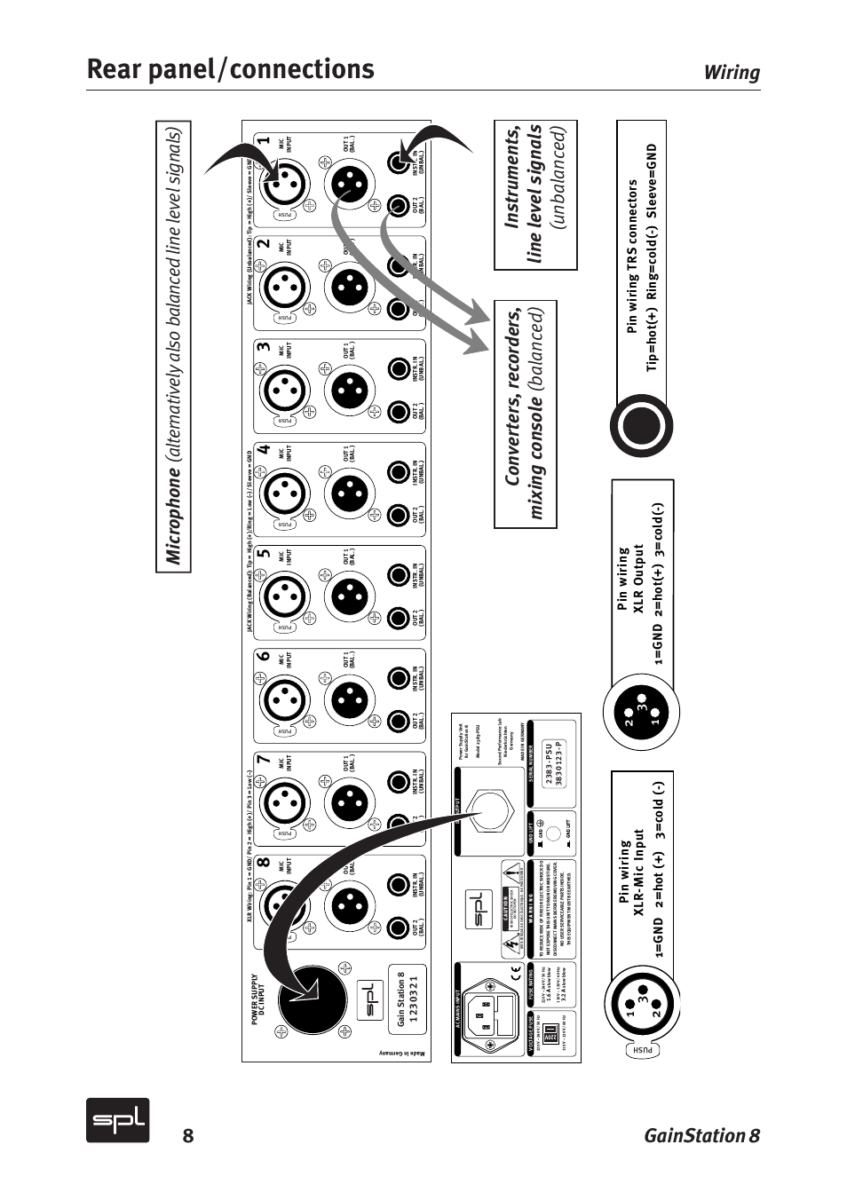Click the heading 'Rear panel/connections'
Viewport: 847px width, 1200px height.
[231, 69]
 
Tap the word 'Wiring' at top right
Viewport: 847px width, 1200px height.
[732, 73]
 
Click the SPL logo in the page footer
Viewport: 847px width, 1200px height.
[117, 1120]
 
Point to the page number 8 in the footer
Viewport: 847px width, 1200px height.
[187, 1136]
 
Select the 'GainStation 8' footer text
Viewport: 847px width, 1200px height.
[701, 1135]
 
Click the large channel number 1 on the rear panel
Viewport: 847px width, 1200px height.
[263, 141]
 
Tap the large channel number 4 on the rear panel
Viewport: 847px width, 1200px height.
[263, 450]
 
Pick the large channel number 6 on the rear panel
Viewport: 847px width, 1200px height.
[263, 657]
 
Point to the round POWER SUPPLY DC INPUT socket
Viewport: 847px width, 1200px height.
[312, 999]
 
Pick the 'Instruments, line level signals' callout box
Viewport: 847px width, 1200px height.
[535, 195]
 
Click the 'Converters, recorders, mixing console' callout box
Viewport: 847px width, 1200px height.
[525, 414]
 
